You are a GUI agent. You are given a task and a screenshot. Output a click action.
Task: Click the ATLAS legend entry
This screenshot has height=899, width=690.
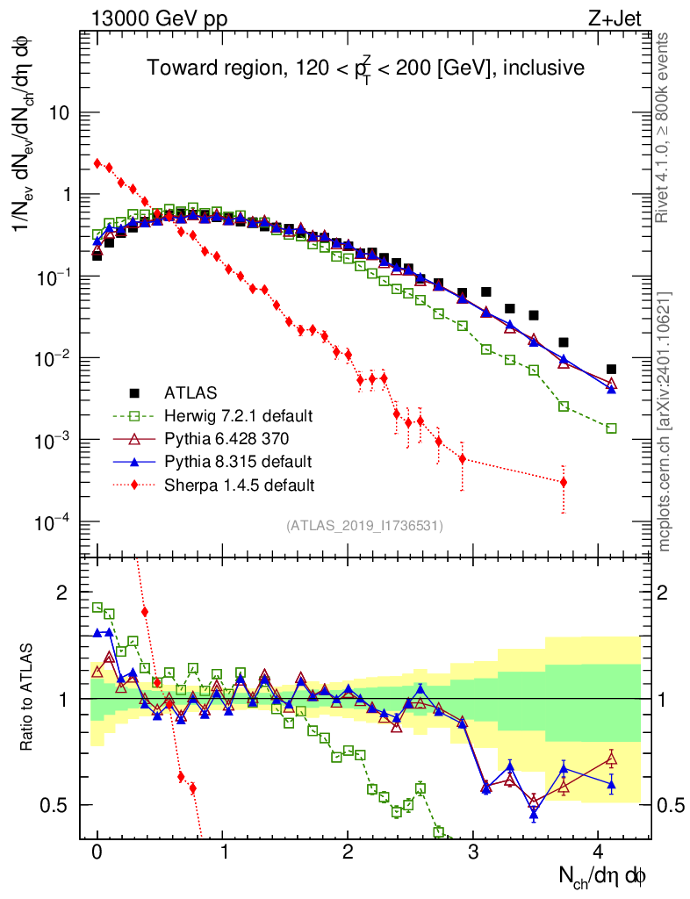click(x=190, y=392)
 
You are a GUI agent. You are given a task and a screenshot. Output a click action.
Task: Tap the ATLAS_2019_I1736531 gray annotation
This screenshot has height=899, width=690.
click(x=364, y=526)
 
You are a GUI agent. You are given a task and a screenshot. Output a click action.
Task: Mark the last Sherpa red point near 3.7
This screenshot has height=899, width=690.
click(x=563, y=482)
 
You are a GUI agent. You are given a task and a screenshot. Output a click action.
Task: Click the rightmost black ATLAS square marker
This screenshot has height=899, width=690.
click(x=611, y=370)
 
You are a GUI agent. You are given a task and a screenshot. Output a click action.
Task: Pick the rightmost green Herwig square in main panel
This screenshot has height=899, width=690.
click(x=611, y=428)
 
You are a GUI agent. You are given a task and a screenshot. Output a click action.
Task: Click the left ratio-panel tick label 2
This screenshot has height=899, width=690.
click(x=62, y=593)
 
